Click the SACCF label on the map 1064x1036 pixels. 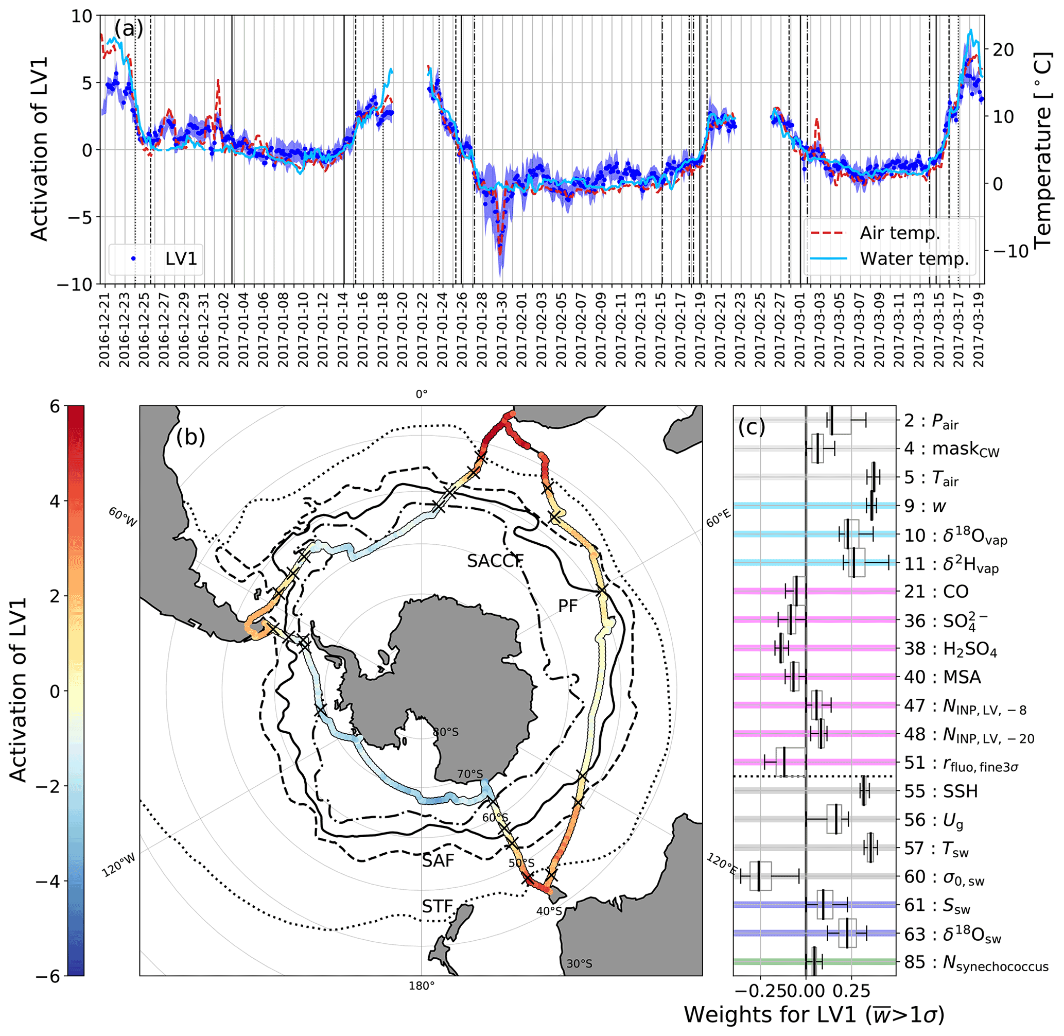pos(495,561)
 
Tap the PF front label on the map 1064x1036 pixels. pos(567,606)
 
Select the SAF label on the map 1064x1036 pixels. pos(438,860)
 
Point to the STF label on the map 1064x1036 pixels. pos(438,906)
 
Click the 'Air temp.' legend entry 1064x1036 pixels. pos(900,233)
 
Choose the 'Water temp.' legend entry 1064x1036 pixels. pos(914,258)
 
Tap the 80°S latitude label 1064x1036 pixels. pos(445,732)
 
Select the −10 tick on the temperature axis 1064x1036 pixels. pos(1013,251)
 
